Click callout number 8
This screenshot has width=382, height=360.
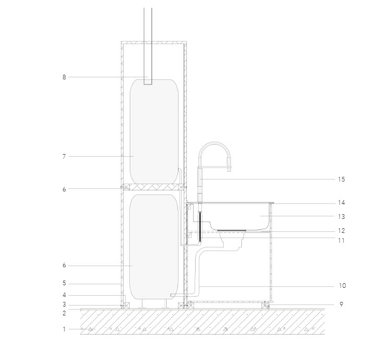(x=64, y=77)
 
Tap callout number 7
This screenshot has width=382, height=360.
(x=64, y=157)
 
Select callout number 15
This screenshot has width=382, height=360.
(x=342, y=179)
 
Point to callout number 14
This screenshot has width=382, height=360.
(x=342, y=203)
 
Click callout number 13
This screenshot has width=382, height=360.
(x=342, y=217)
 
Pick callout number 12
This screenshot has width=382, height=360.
(x=342, y=231)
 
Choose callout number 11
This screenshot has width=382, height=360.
(x=342, y=241)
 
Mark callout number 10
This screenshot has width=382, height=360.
(x=342, y=285)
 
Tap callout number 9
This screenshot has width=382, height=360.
(x=342, y=304)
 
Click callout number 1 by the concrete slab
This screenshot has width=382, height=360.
(x=64, y=329)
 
